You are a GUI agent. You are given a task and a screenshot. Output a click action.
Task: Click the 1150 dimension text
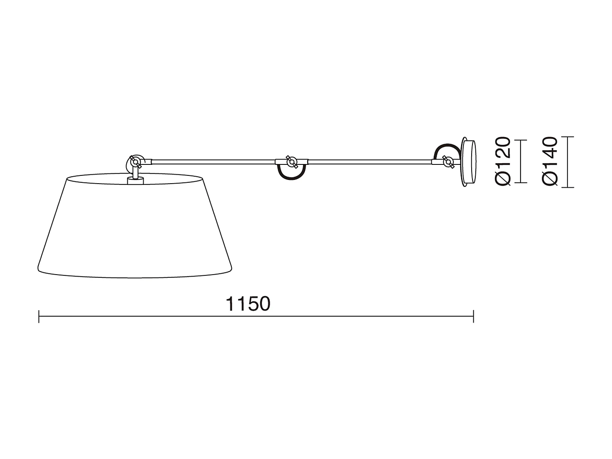click(248, 304)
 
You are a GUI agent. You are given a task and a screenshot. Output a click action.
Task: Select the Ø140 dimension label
click(550, 161)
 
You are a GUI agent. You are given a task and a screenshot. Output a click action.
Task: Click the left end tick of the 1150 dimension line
click(39, 316)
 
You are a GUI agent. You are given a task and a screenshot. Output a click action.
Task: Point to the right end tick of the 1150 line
click(473, 316)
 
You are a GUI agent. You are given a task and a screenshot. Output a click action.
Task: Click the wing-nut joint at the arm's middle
click(291, 162)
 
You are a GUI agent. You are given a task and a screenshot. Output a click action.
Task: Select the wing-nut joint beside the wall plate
click(448, 162)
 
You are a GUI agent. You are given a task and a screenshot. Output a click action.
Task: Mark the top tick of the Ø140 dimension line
click(568, 137)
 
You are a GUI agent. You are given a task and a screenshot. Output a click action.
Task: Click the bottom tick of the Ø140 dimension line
click(568, 187)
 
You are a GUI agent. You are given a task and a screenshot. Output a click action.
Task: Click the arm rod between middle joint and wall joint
click(369, 161)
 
